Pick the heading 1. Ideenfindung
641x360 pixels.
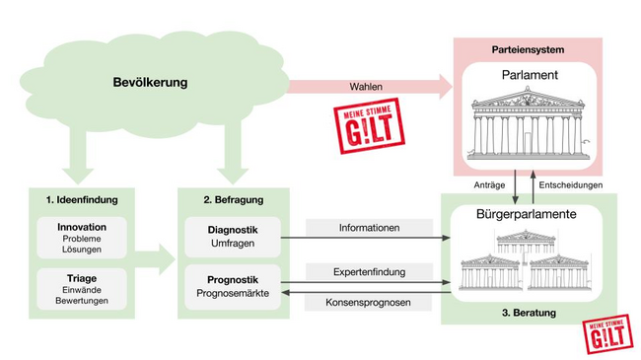click(82, 199)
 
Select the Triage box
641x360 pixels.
click(82, 287)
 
